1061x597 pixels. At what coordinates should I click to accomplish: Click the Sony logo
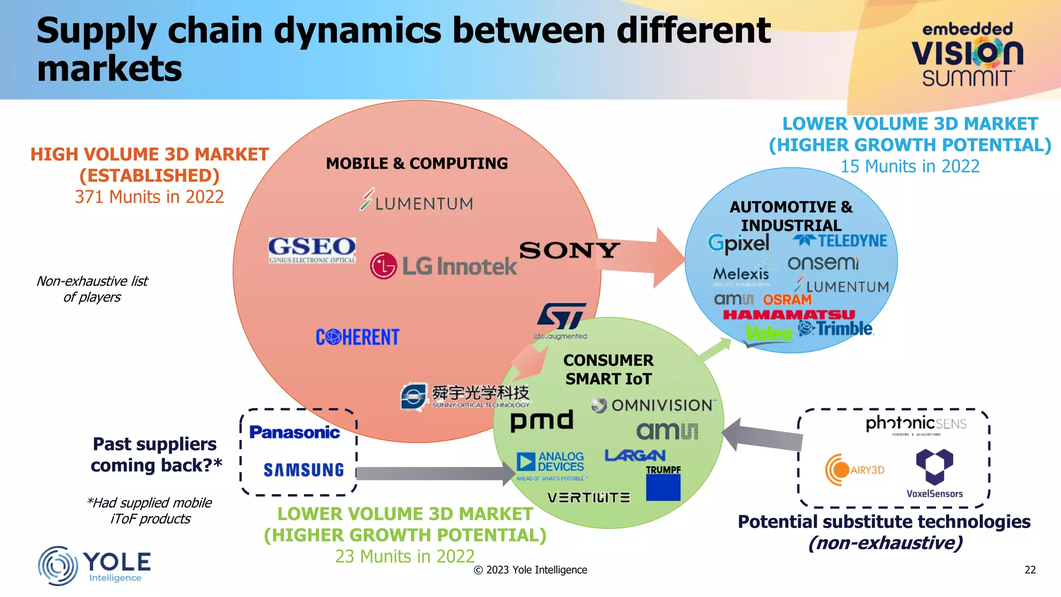[569, 251]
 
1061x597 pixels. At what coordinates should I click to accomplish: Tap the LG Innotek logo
[443, 266]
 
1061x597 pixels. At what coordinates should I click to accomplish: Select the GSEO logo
[312, 250]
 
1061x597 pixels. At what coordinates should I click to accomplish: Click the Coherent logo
[357, 337]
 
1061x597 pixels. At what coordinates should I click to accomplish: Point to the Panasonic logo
[294, 432]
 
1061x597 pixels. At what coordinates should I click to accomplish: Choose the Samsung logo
[304, 470]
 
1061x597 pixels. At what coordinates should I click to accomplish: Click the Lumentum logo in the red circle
[417, 201]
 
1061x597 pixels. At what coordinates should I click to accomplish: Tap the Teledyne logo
[840, 241]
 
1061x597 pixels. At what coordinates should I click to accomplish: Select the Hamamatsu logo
[788, 315]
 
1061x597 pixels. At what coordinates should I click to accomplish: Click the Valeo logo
[768, 334]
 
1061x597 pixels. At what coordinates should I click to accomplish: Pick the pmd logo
[541, 420]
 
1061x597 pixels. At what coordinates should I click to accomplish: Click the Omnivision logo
[653, 405]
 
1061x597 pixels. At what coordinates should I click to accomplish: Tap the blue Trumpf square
[663, 488]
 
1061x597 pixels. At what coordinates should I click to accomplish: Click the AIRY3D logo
[854, 470]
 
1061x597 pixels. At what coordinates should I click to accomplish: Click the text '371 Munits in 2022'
[149, 197]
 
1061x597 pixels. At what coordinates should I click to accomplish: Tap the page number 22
[1030, 570]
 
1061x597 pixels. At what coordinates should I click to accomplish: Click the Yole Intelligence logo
[94, 565]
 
